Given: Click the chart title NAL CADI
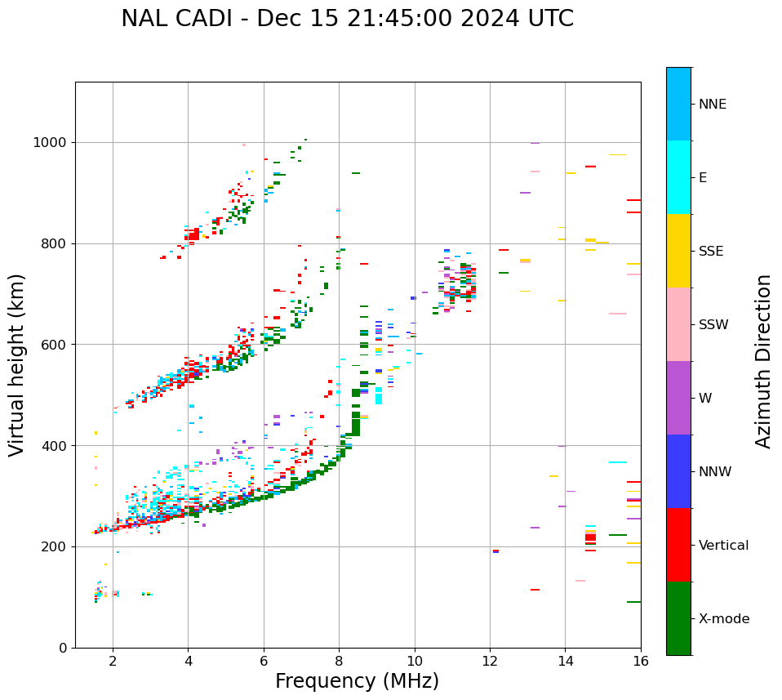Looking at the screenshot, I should click(347, 19).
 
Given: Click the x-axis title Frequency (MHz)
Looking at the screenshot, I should click(357, 681).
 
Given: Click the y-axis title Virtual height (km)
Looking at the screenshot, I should click(17, 365).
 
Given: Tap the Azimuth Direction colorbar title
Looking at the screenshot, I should click(763, 361).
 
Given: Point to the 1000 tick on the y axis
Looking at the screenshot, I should click(54, 143).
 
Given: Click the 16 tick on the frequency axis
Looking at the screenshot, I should click(641, 661).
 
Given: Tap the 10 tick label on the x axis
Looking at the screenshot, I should click(415, 661).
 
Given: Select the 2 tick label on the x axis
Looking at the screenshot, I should click(113, 661).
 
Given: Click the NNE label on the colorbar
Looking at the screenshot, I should click(712, 105).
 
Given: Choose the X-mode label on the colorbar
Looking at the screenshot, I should click(723, 619).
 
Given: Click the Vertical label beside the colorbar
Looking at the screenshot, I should click(723, 546).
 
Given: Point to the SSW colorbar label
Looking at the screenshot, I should click(713, 325).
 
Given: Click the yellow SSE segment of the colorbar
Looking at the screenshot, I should click(678, 251).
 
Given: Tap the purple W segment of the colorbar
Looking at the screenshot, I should click(678, 398).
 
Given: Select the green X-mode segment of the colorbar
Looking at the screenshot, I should click(678, 618).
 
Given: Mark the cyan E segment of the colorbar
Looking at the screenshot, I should click(678, 177).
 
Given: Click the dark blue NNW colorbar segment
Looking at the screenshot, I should click(678, 471).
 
